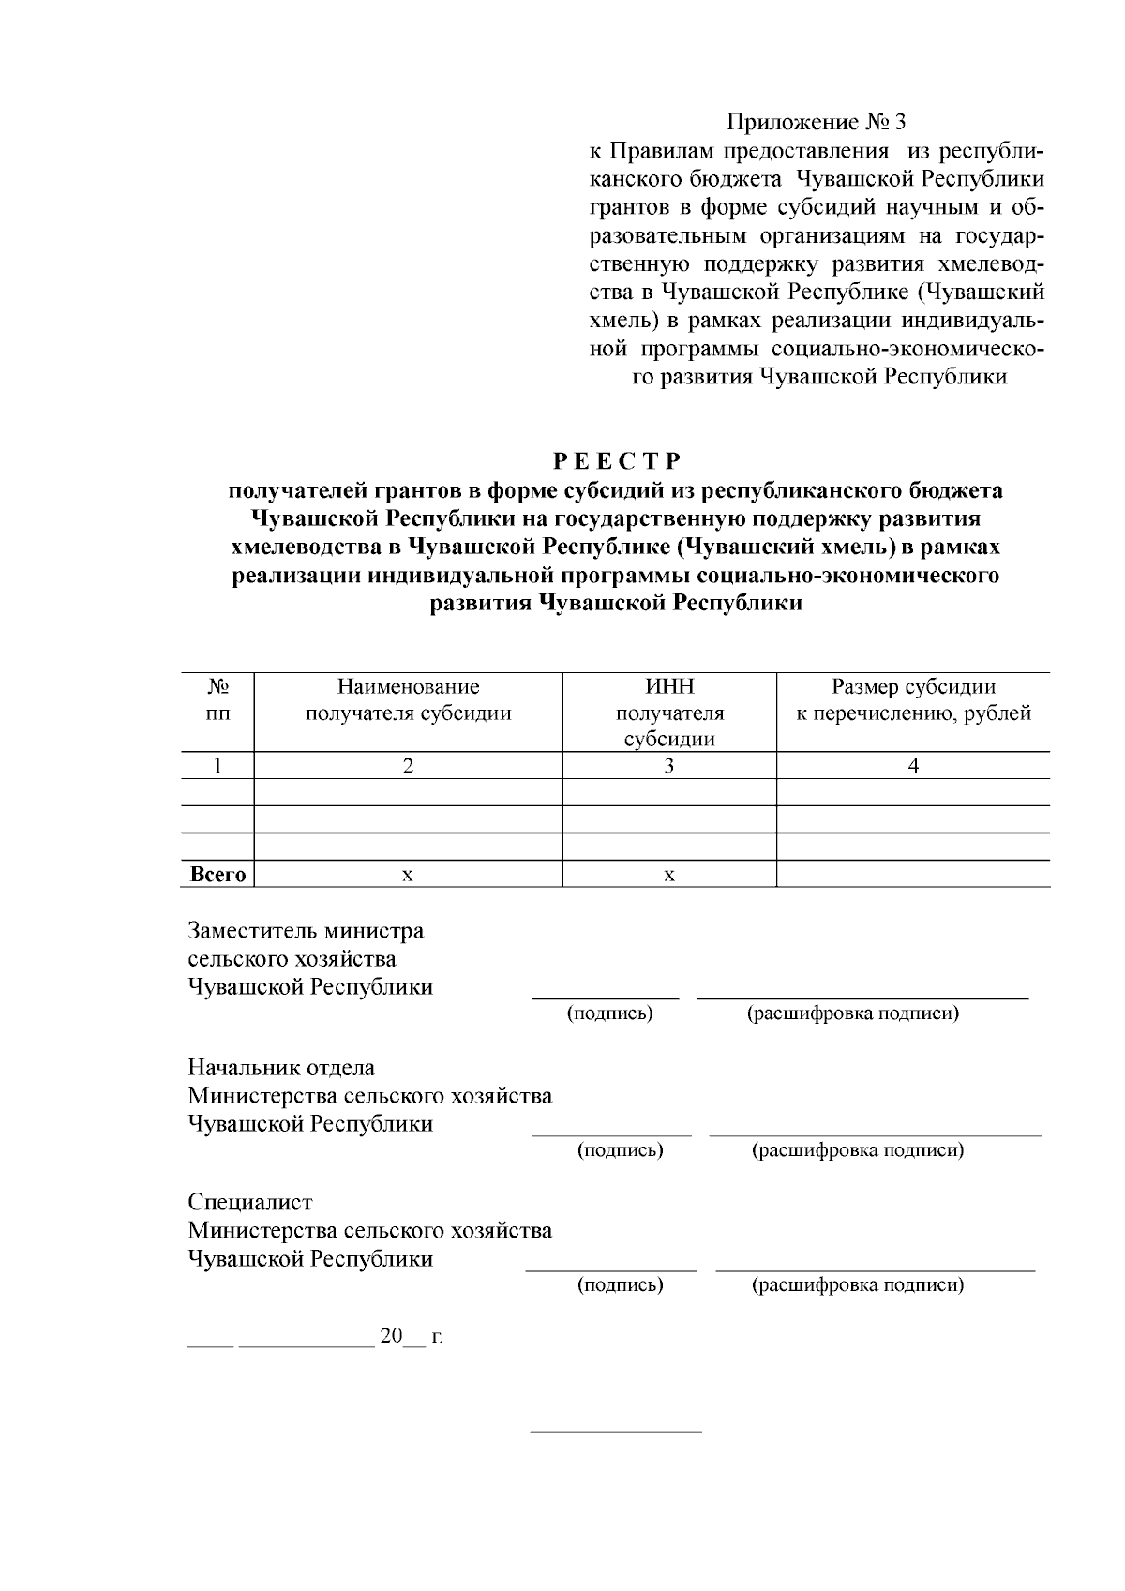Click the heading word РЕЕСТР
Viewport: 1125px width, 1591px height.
point(616,461)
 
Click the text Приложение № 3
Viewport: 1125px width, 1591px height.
point(817,123)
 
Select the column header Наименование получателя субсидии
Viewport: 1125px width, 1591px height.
point(408,700)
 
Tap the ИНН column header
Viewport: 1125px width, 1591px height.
point(669,713)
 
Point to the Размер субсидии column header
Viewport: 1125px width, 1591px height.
point(913,700)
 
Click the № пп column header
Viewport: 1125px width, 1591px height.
point(217,700)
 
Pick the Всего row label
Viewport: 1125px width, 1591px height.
point(217,875)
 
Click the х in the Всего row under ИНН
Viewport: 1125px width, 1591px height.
point(669,875)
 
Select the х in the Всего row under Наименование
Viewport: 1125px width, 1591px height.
point(408,875)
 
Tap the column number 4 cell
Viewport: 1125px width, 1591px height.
point(913,766)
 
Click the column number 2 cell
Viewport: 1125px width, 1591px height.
point(408,766)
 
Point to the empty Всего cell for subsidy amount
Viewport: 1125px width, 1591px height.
point(913,875)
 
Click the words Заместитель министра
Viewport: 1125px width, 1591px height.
point(306,931)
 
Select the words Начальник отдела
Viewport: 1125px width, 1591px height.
point(281,1068)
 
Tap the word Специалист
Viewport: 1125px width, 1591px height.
point(250,1202)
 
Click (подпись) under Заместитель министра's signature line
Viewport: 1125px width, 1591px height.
point(610,1013)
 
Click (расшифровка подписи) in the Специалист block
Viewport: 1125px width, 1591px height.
point(858,1284)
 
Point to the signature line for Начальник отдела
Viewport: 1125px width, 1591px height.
point(611,1134)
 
